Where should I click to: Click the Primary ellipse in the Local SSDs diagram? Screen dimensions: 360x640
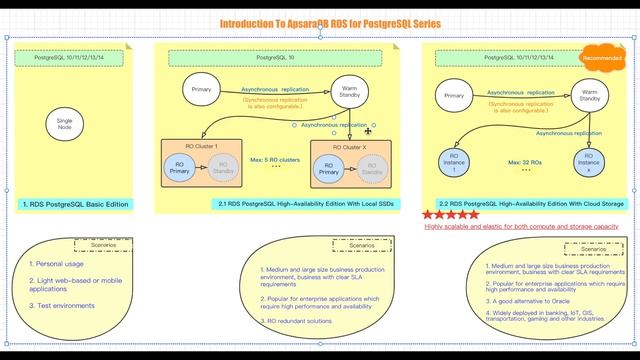(201, 90)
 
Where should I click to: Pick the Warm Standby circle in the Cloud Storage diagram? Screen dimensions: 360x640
(590, 96)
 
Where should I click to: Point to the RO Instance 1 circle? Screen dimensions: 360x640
(455, 160)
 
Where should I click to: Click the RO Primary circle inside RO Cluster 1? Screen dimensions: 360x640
(180, 167)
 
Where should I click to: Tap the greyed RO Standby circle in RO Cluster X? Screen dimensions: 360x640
(372, 170)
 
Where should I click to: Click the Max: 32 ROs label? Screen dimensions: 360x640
(525, 161)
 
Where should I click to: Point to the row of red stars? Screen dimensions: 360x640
(450, 214)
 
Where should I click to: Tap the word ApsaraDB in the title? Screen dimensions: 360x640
(306, 22)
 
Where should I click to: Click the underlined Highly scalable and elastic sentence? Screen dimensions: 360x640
(521, 227)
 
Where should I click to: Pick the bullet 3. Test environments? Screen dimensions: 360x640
(62, 305)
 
